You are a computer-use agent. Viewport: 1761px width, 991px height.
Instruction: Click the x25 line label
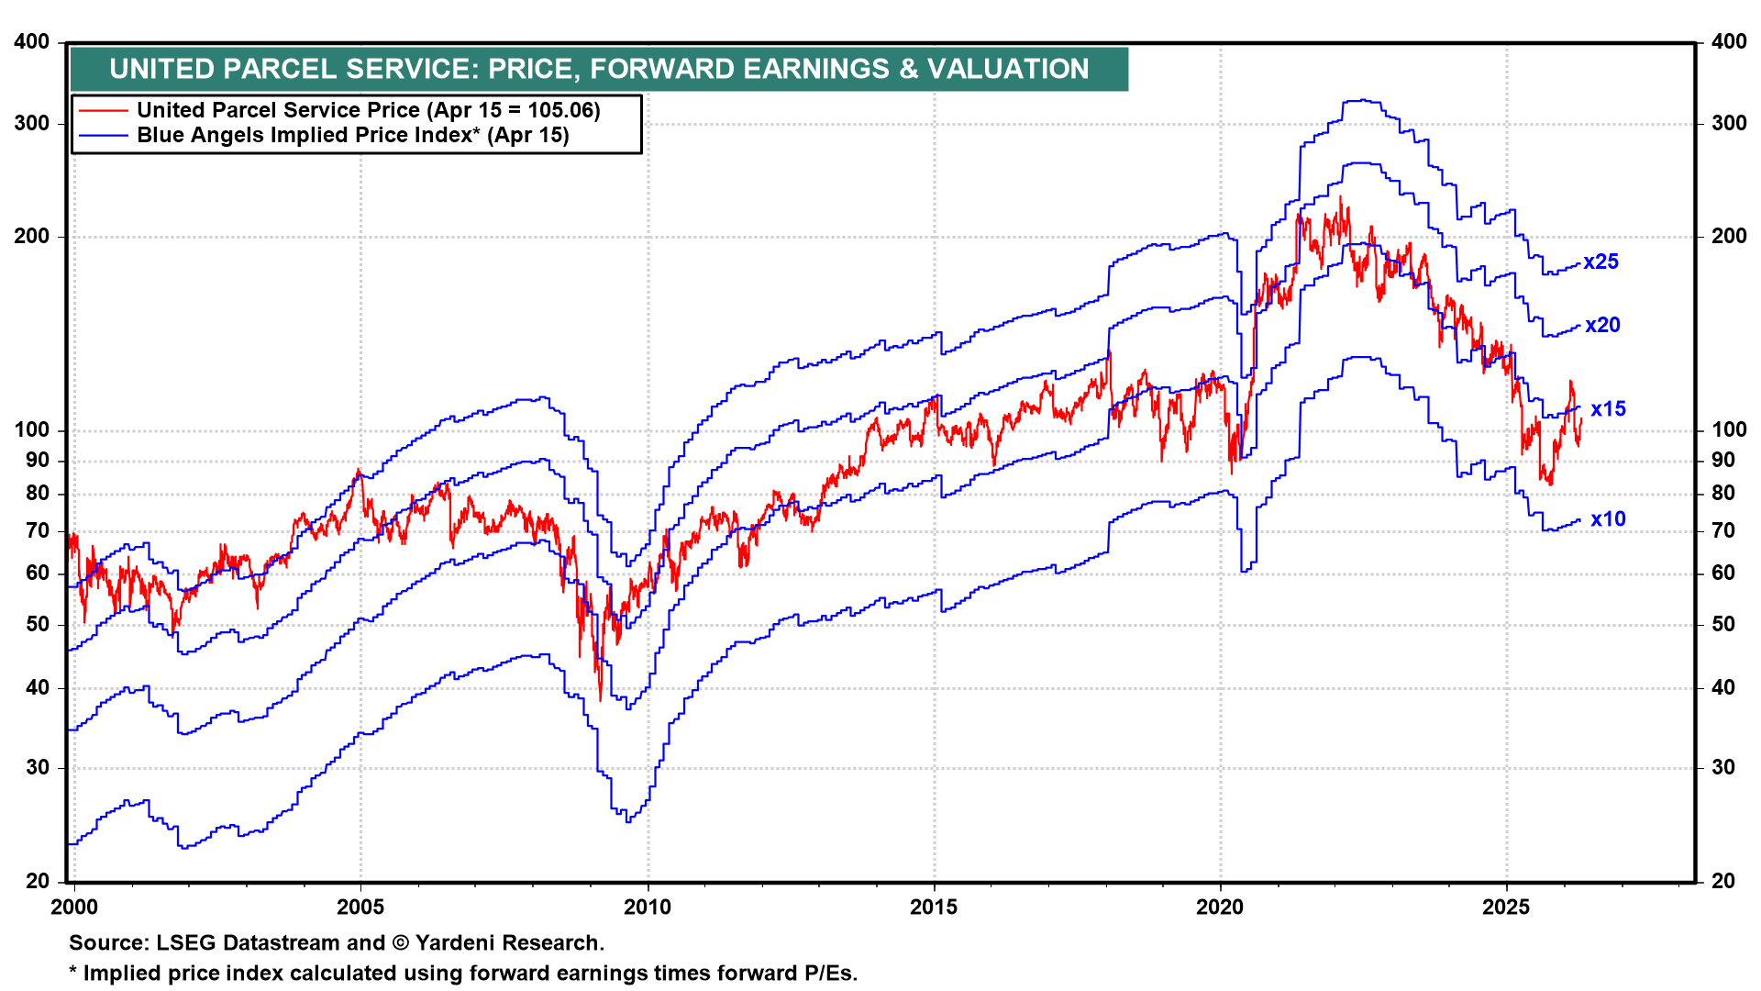coord(1600,262)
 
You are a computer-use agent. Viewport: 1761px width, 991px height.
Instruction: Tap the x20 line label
coord(1602,326)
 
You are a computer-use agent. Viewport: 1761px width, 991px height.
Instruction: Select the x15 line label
coord(1608,409)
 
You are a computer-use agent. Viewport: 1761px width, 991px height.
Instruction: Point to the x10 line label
coord(1608,519)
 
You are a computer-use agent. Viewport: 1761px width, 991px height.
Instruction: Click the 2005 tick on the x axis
coord(360,907)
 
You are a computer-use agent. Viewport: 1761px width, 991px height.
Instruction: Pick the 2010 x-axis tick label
coord(648,907)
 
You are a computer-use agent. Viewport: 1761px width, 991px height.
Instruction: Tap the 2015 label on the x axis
coord(934,907)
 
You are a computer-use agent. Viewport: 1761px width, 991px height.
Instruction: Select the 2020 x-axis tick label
coord(1220,907)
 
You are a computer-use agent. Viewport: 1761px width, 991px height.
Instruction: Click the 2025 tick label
coord(1506,907)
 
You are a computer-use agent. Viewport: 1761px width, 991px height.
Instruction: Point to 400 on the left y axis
coord(32,42)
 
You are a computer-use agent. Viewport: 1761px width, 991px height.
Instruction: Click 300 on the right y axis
coord(1729,124)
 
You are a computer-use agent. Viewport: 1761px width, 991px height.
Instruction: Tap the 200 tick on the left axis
coord(32,237)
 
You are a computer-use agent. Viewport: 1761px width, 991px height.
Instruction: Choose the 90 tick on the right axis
coord(1723,461)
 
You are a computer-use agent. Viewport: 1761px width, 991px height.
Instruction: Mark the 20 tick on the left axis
coord(38,882)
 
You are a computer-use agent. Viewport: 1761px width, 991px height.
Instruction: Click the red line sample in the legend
coord(103,111)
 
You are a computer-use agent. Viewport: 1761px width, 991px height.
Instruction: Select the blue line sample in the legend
coord(103,136)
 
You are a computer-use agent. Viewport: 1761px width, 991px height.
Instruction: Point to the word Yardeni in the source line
coord(456,943)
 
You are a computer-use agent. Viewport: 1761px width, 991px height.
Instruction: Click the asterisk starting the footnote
coord(73,971)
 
